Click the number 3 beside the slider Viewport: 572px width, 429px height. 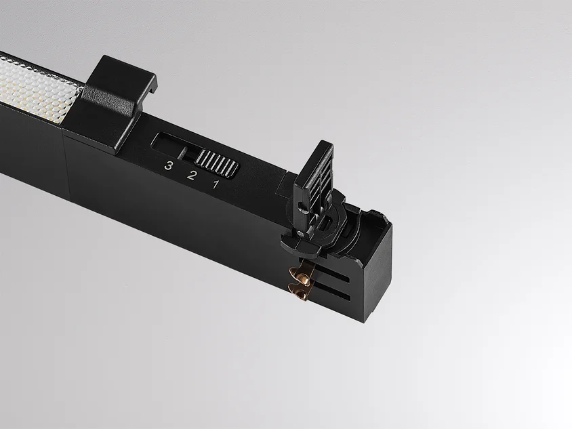168,165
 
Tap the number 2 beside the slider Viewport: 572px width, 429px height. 192,175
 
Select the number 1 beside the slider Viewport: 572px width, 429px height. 216,184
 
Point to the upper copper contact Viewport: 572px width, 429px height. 302,275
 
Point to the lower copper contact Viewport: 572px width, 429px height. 298,291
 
